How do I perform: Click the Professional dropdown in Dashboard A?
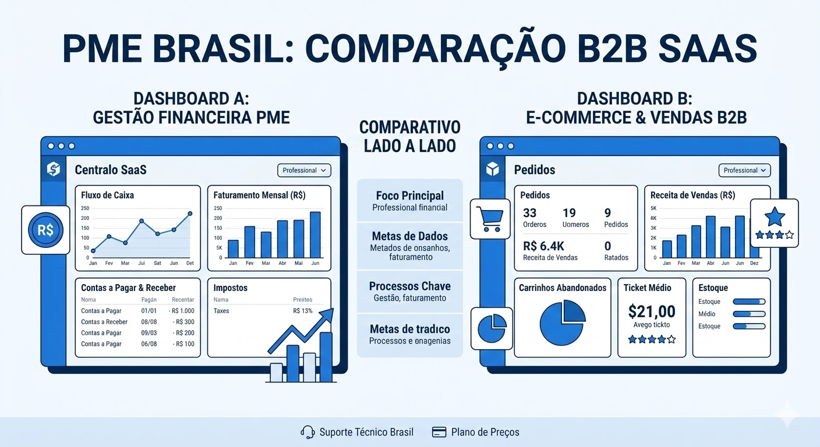(304, 171)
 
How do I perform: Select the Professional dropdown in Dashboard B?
(744, 171)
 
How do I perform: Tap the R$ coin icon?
(45, 230)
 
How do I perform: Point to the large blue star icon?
(775, 217)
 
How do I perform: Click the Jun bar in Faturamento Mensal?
(315, 235)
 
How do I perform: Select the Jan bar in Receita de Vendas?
(667, 249)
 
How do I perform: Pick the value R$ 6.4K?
(543, 246)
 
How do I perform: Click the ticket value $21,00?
(652, 311)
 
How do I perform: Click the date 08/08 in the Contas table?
(149, 322)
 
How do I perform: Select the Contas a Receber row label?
(104, 322)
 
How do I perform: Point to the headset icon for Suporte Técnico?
(307, 432)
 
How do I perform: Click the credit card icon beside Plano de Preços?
(439, 432)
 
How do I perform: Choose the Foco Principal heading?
(409, 196)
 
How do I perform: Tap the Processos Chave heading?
(409, 286)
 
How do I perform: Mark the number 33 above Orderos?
(530, 213)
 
